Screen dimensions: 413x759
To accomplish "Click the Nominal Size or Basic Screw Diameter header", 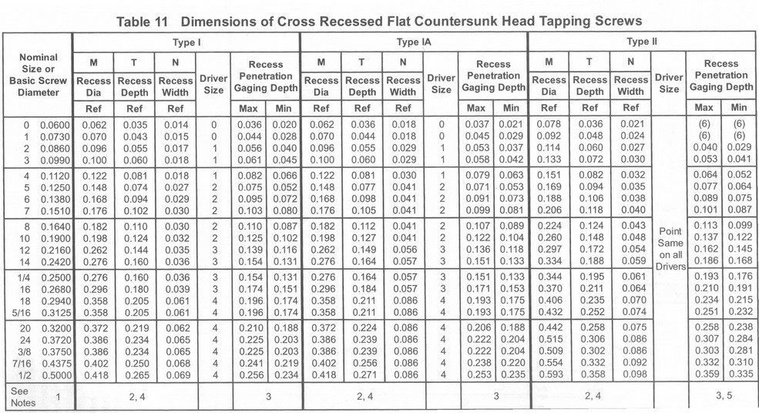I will [x=38, y=75].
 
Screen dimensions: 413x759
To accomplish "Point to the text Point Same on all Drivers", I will [x=670, y=248].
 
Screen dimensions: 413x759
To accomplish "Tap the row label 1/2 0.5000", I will [x=37, y=374].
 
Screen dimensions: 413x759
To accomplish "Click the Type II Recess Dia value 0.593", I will [x=549, y=375].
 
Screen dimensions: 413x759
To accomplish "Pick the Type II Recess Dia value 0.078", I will [x=549, y=123].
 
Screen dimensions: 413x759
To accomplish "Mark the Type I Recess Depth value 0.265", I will [x=136, y=375].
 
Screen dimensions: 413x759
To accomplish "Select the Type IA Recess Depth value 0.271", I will [x=362, y=375].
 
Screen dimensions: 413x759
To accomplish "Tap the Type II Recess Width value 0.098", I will [x=630, y=375].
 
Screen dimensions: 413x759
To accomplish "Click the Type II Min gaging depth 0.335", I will [x=739, y=375].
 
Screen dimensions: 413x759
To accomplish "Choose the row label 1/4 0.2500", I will [x=37, y=277].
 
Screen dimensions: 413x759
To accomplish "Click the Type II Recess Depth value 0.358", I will [x=589, y=375].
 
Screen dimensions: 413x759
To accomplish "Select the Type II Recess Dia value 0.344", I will [x=549, y=277].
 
